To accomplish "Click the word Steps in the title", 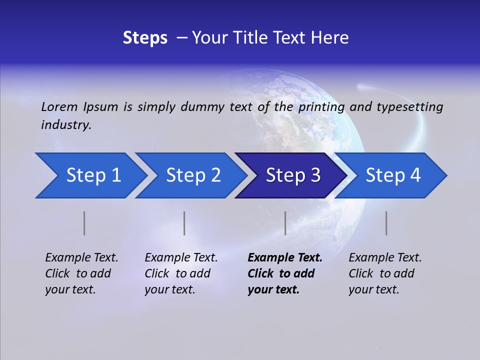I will click(x=145, y=38).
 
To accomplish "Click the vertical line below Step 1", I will click(x=84, y=223).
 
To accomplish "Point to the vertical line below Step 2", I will click(x=184, y=223).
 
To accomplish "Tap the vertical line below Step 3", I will click(x=285, y=223).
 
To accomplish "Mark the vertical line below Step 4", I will click(x=386, y=223).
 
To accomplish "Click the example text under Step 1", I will click(x=81, y=273).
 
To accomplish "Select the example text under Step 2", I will click(x=181, y=273).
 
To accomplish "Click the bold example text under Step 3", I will click(x=284, y=273).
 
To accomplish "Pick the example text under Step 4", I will click(x=385, y=273).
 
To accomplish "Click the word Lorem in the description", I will click(x=59, y=106).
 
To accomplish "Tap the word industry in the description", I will click(x=66, y=125).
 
